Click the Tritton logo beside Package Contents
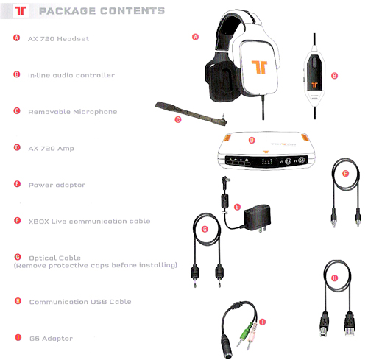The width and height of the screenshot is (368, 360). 21,10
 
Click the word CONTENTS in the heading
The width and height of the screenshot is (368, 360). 132,11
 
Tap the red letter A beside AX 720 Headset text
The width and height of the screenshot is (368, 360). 16,38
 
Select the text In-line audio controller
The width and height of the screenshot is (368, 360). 71,75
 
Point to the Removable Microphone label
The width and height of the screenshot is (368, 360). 73,112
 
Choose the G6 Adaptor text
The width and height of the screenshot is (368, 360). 51,339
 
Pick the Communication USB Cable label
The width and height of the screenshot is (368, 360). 80,302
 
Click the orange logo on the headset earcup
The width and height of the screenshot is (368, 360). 259,67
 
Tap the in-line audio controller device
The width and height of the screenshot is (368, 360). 314,77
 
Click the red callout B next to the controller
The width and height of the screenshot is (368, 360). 334,76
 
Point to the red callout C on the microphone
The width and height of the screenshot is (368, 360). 178,119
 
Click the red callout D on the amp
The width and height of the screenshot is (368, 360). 252,140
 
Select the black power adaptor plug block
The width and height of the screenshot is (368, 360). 257,217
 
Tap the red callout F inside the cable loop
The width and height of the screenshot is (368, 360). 345,174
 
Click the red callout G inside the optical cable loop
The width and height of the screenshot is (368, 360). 205,229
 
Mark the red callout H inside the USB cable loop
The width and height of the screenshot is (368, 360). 335,278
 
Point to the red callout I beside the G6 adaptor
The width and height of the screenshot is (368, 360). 263,322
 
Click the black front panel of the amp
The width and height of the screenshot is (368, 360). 266,161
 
